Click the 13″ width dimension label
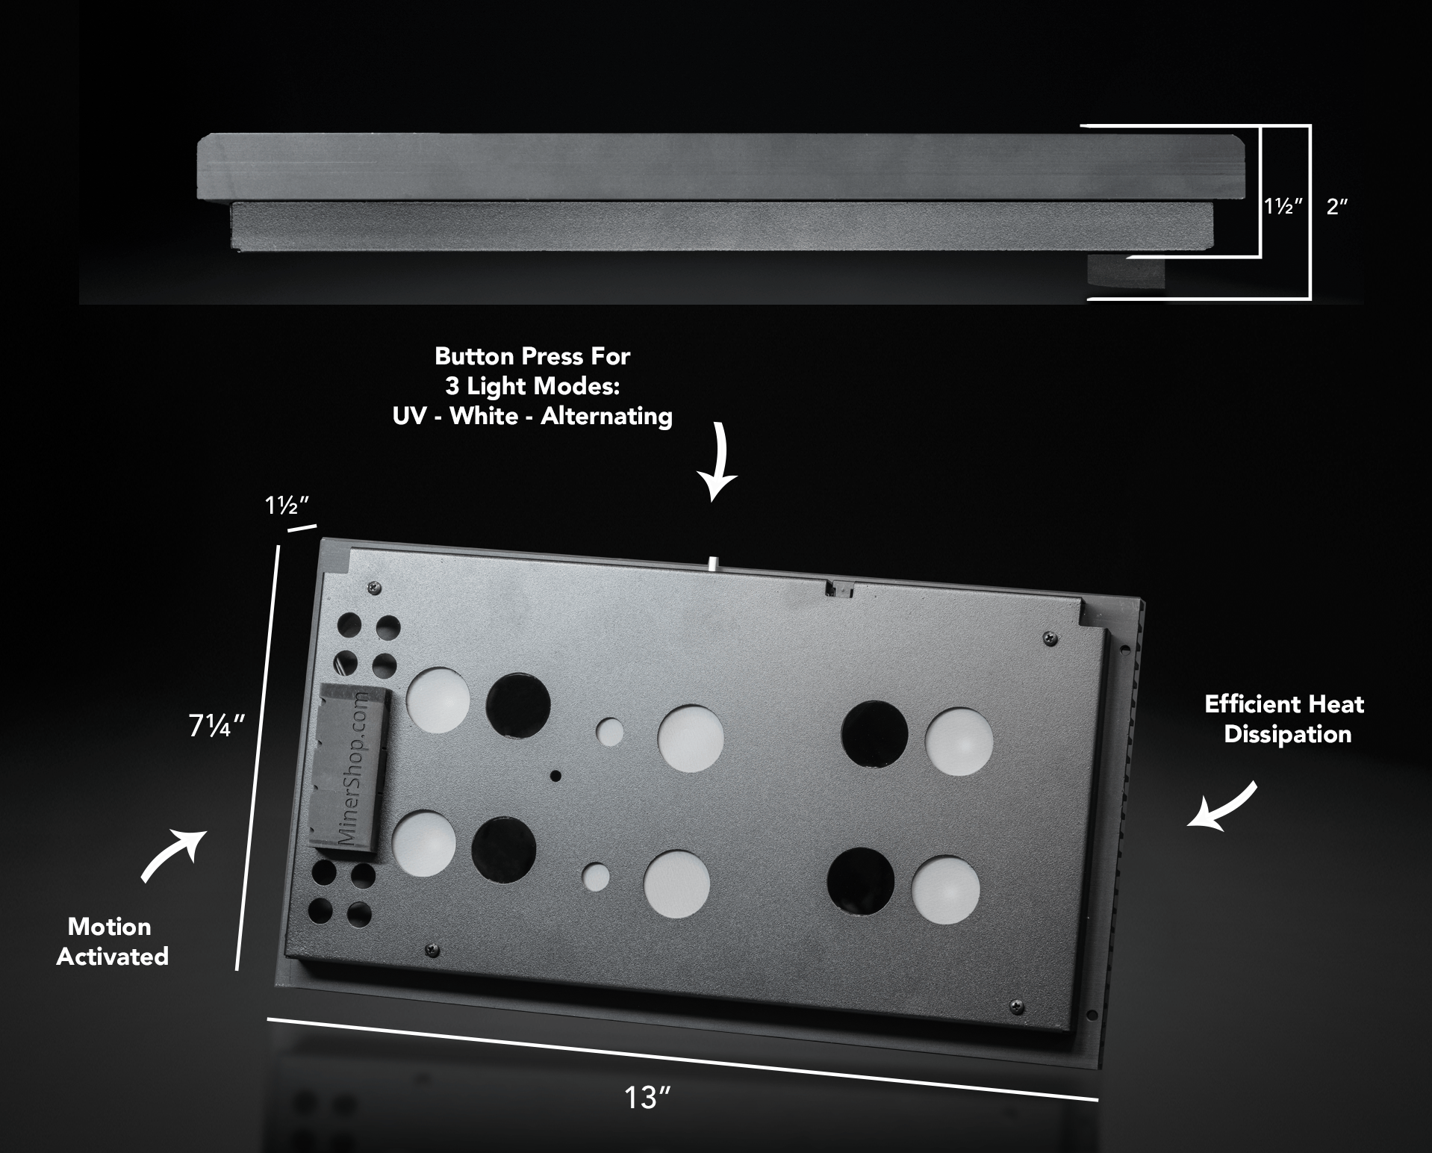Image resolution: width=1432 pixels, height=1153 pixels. (647, 1098)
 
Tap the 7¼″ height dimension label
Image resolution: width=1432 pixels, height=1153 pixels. (217, 726)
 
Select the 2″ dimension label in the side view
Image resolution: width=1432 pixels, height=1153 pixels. (1337, 207)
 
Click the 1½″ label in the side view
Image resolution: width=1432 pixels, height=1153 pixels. (1283, 207)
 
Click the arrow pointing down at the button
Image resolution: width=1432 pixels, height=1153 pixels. (719, 461)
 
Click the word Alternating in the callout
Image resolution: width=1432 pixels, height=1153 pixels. (606, 416)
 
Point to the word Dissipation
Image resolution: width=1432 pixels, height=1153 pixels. (1287, 734)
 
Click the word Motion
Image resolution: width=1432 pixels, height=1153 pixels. (110, 927)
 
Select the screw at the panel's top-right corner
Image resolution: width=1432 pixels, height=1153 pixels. (1050, 638)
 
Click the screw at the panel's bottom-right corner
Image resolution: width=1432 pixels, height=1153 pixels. (1015, 1007)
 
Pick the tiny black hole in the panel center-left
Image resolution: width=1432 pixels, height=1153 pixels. (555, 776)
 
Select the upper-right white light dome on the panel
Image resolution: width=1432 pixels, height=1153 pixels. (958, 742)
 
